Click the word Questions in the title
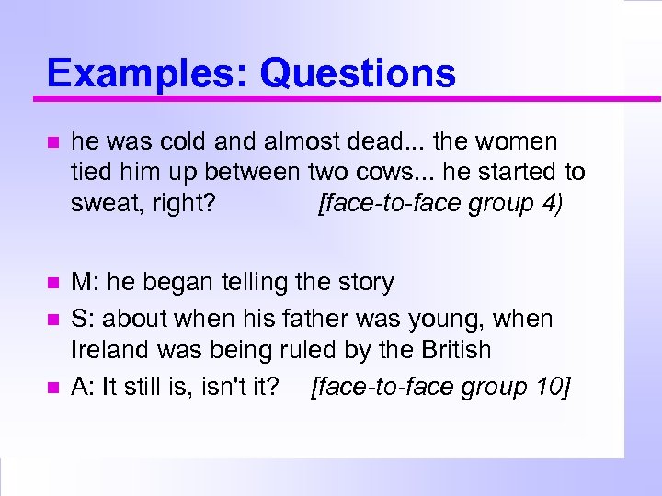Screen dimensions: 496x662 [x=358, y=73]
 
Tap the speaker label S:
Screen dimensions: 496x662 [x=84, y=319]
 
